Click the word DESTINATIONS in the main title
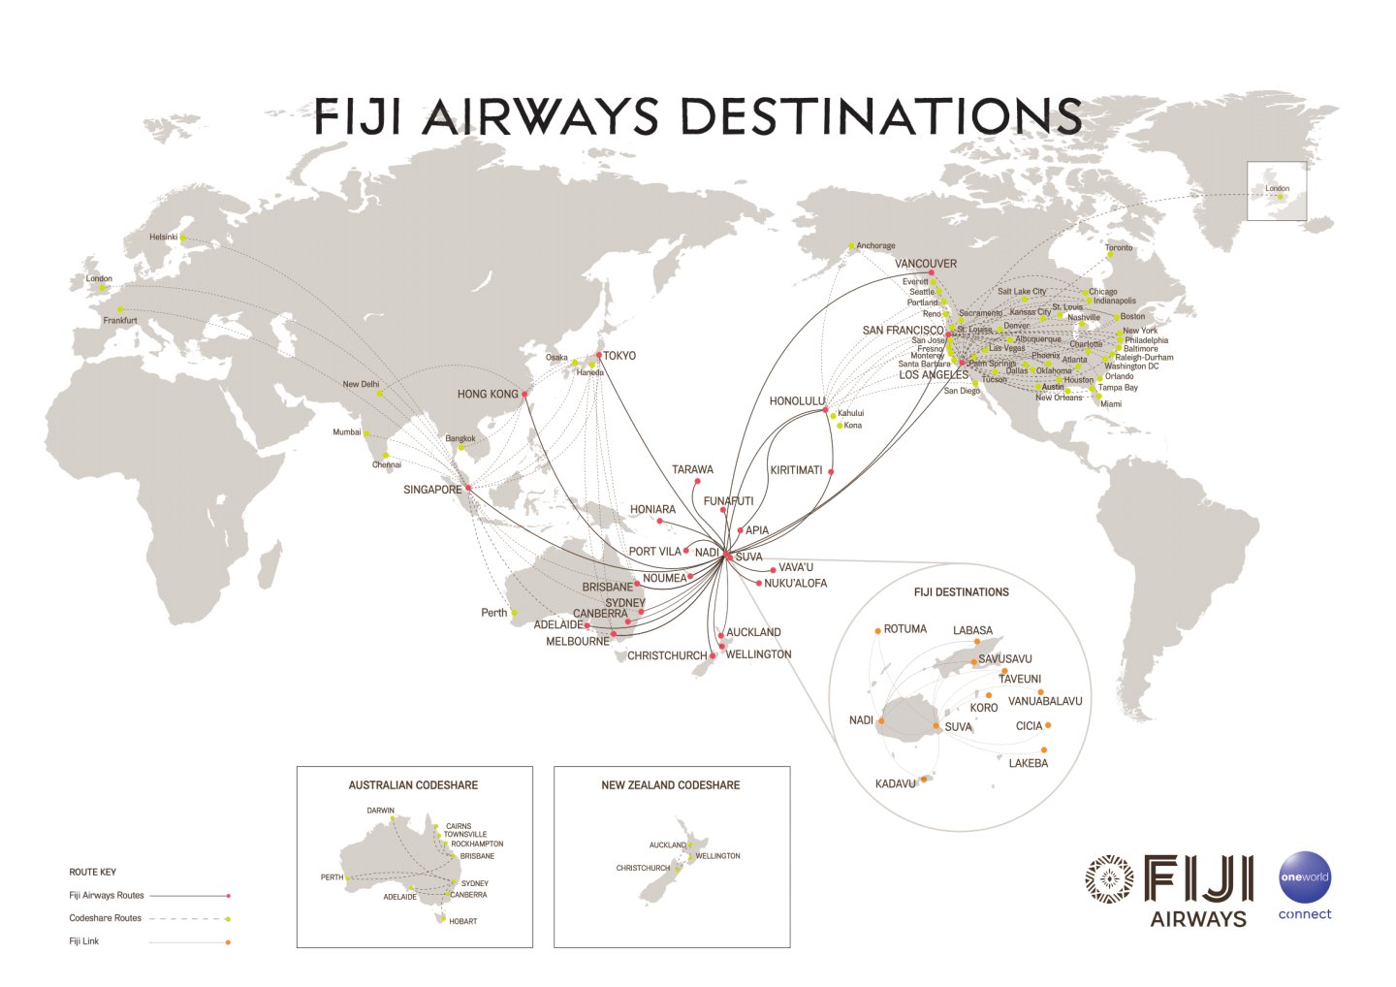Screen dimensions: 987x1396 tap(882, 117)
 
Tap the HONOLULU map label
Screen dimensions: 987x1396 tap(797, 401)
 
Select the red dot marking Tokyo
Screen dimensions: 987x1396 tap(599, 356)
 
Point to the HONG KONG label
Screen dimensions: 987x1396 tap(488, 395)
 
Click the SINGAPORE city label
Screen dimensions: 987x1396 tap(432, 490)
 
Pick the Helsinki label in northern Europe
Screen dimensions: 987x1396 tap(163, 238)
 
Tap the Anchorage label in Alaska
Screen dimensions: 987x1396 tap(875, 246)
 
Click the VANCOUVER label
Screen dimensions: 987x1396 tap(925, 264)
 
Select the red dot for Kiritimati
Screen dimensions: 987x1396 tap(831, 472)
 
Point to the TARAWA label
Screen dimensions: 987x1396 tap(692, 469)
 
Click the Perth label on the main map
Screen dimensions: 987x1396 tap(493, 613)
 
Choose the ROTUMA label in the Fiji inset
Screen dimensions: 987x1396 tap(904, 629)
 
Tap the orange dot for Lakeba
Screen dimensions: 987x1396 tap(1044, 749)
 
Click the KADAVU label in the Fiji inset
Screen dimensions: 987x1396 tap(895, 783)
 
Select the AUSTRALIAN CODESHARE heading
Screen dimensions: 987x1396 tap(413, 785)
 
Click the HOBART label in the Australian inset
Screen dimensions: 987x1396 tap(462, 921)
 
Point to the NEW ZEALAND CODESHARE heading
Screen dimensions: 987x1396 tap(670, 785)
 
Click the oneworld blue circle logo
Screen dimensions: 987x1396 tap(1304, 876)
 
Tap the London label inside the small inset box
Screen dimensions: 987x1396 tap(1277, 189)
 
